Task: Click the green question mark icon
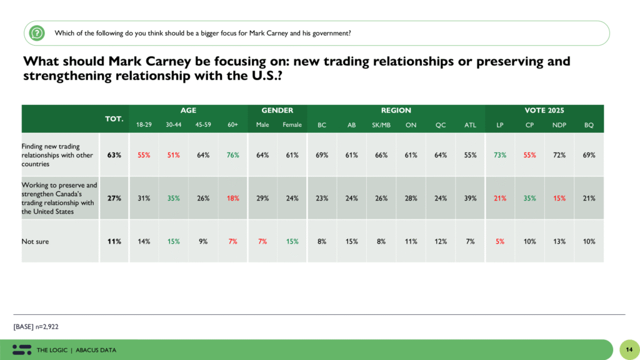37,32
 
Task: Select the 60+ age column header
232,125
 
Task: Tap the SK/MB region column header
381,125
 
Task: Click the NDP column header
559,125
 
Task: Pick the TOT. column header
114,118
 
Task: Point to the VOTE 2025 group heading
544,110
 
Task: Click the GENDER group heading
277,110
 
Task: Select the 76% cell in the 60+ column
232,155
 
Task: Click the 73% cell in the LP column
500,155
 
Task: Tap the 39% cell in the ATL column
470,198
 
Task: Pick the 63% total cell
114,155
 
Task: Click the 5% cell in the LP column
500,241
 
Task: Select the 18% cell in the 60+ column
232,198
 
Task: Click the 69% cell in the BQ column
589,155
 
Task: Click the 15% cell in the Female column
292,241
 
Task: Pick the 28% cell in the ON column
411,198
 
